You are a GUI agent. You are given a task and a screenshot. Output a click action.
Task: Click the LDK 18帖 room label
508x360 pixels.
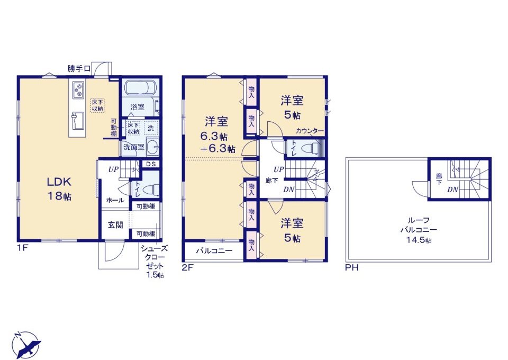59,189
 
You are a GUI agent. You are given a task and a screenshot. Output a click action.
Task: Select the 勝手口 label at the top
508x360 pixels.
79,69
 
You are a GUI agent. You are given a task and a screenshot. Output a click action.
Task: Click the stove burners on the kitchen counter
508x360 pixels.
79,90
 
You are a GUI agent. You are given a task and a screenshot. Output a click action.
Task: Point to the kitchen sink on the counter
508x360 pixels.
78,120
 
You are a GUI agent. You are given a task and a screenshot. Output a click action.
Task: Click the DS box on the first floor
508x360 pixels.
151,164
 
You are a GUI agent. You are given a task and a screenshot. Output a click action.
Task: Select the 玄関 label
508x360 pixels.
115,224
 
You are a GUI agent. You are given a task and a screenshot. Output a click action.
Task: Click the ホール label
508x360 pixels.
115,200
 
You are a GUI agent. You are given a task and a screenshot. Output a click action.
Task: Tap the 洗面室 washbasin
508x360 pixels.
152,147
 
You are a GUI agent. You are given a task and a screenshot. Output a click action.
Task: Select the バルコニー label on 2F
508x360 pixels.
214,251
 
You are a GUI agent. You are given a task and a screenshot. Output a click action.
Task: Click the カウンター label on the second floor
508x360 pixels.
310,131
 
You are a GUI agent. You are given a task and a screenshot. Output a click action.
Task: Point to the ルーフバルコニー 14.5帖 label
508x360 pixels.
419,230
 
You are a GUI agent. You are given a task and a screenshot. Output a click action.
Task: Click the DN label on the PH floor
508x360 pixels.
453,189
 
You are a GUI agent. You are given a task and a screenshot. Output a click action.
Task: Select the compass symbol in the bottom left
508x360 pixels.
26,345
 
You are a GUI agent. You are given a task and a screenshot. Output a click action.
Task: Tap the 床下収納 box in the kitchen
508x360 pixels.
97,105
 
